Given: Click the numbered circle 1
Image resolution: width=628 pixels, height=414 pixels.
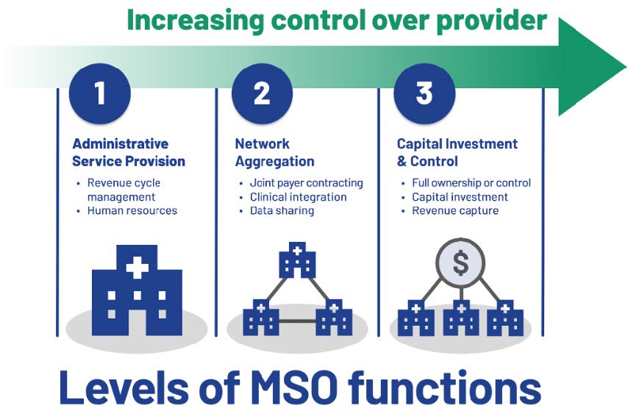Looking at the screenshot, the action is pos(100,93).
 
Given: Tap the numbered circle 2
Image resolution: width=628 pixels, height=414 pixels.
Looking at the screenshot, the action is pos(262,93).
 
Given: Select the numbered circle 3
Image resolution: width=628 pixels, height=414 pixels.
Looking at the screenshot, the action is pos(424,93).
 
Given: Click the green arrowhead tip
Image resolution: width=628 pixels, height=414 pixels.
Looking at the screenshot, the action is pos(626,66).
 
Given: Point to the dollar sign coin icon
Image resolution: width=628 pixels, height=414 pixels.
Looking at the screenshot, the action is pos(460,263).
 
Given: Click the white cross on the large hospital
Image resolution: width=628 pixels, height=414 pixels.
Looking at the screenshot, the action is pos(138,267).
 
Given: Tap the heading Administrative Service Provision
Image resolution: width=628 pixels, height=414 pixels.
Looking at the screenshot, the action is pos(129,152).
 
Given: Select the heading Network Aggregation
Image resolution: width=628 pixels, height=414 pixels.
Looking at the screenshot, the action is pos(275,152).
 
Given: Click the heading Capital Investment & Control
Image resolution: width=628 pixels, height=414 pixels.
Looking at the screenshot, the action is pos(457,152).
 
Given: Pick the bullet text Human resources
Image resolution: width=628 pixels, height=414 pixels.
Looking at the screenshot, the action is pos(132,210).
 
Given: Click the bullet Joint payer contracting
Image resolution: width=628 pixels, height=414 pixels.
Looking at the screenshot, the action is pos(307,183).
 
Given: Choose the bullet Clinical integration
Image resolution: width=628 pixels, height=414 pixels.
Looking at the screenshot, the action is pos(299,197).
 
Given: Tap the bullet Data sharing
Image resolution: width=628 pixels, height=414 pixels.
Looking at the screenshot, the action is pos(282,210).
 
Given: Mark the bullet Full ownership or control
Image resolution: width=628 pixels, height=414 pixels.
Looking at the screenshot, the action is pos(471,183).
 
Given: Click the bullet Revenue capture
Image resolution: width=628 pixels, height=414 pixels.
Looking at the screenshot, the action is pos(455,210).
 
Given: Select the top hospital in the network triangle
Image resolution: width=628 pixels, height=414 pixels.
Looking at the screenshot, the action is pos(297,260).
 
